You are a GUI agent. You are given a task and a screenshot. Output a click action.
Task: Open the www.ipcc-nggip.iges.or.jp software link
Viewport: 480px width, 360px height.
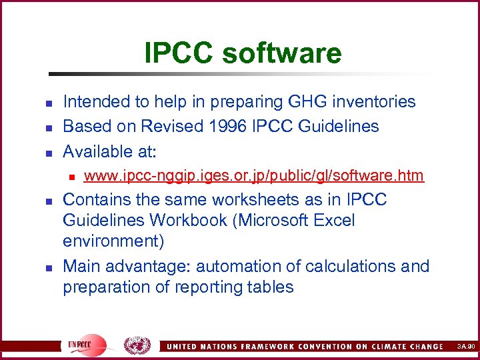tap(254, 175)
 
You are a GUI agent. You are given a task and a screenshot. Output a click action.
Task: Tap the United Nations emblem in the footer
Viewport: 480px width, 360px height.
tap(137, 345)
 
